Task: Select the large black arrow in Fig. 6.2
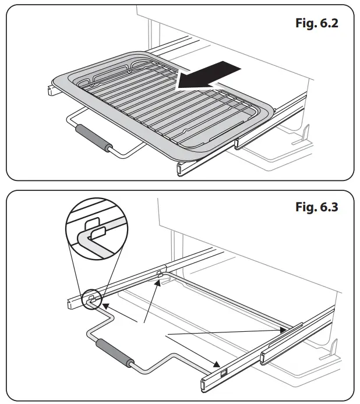[x=208, y=76]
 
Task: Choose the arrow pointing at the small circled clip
[x=119, y=311]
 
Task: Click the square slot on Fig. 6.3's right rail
[x=223, y=372]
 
